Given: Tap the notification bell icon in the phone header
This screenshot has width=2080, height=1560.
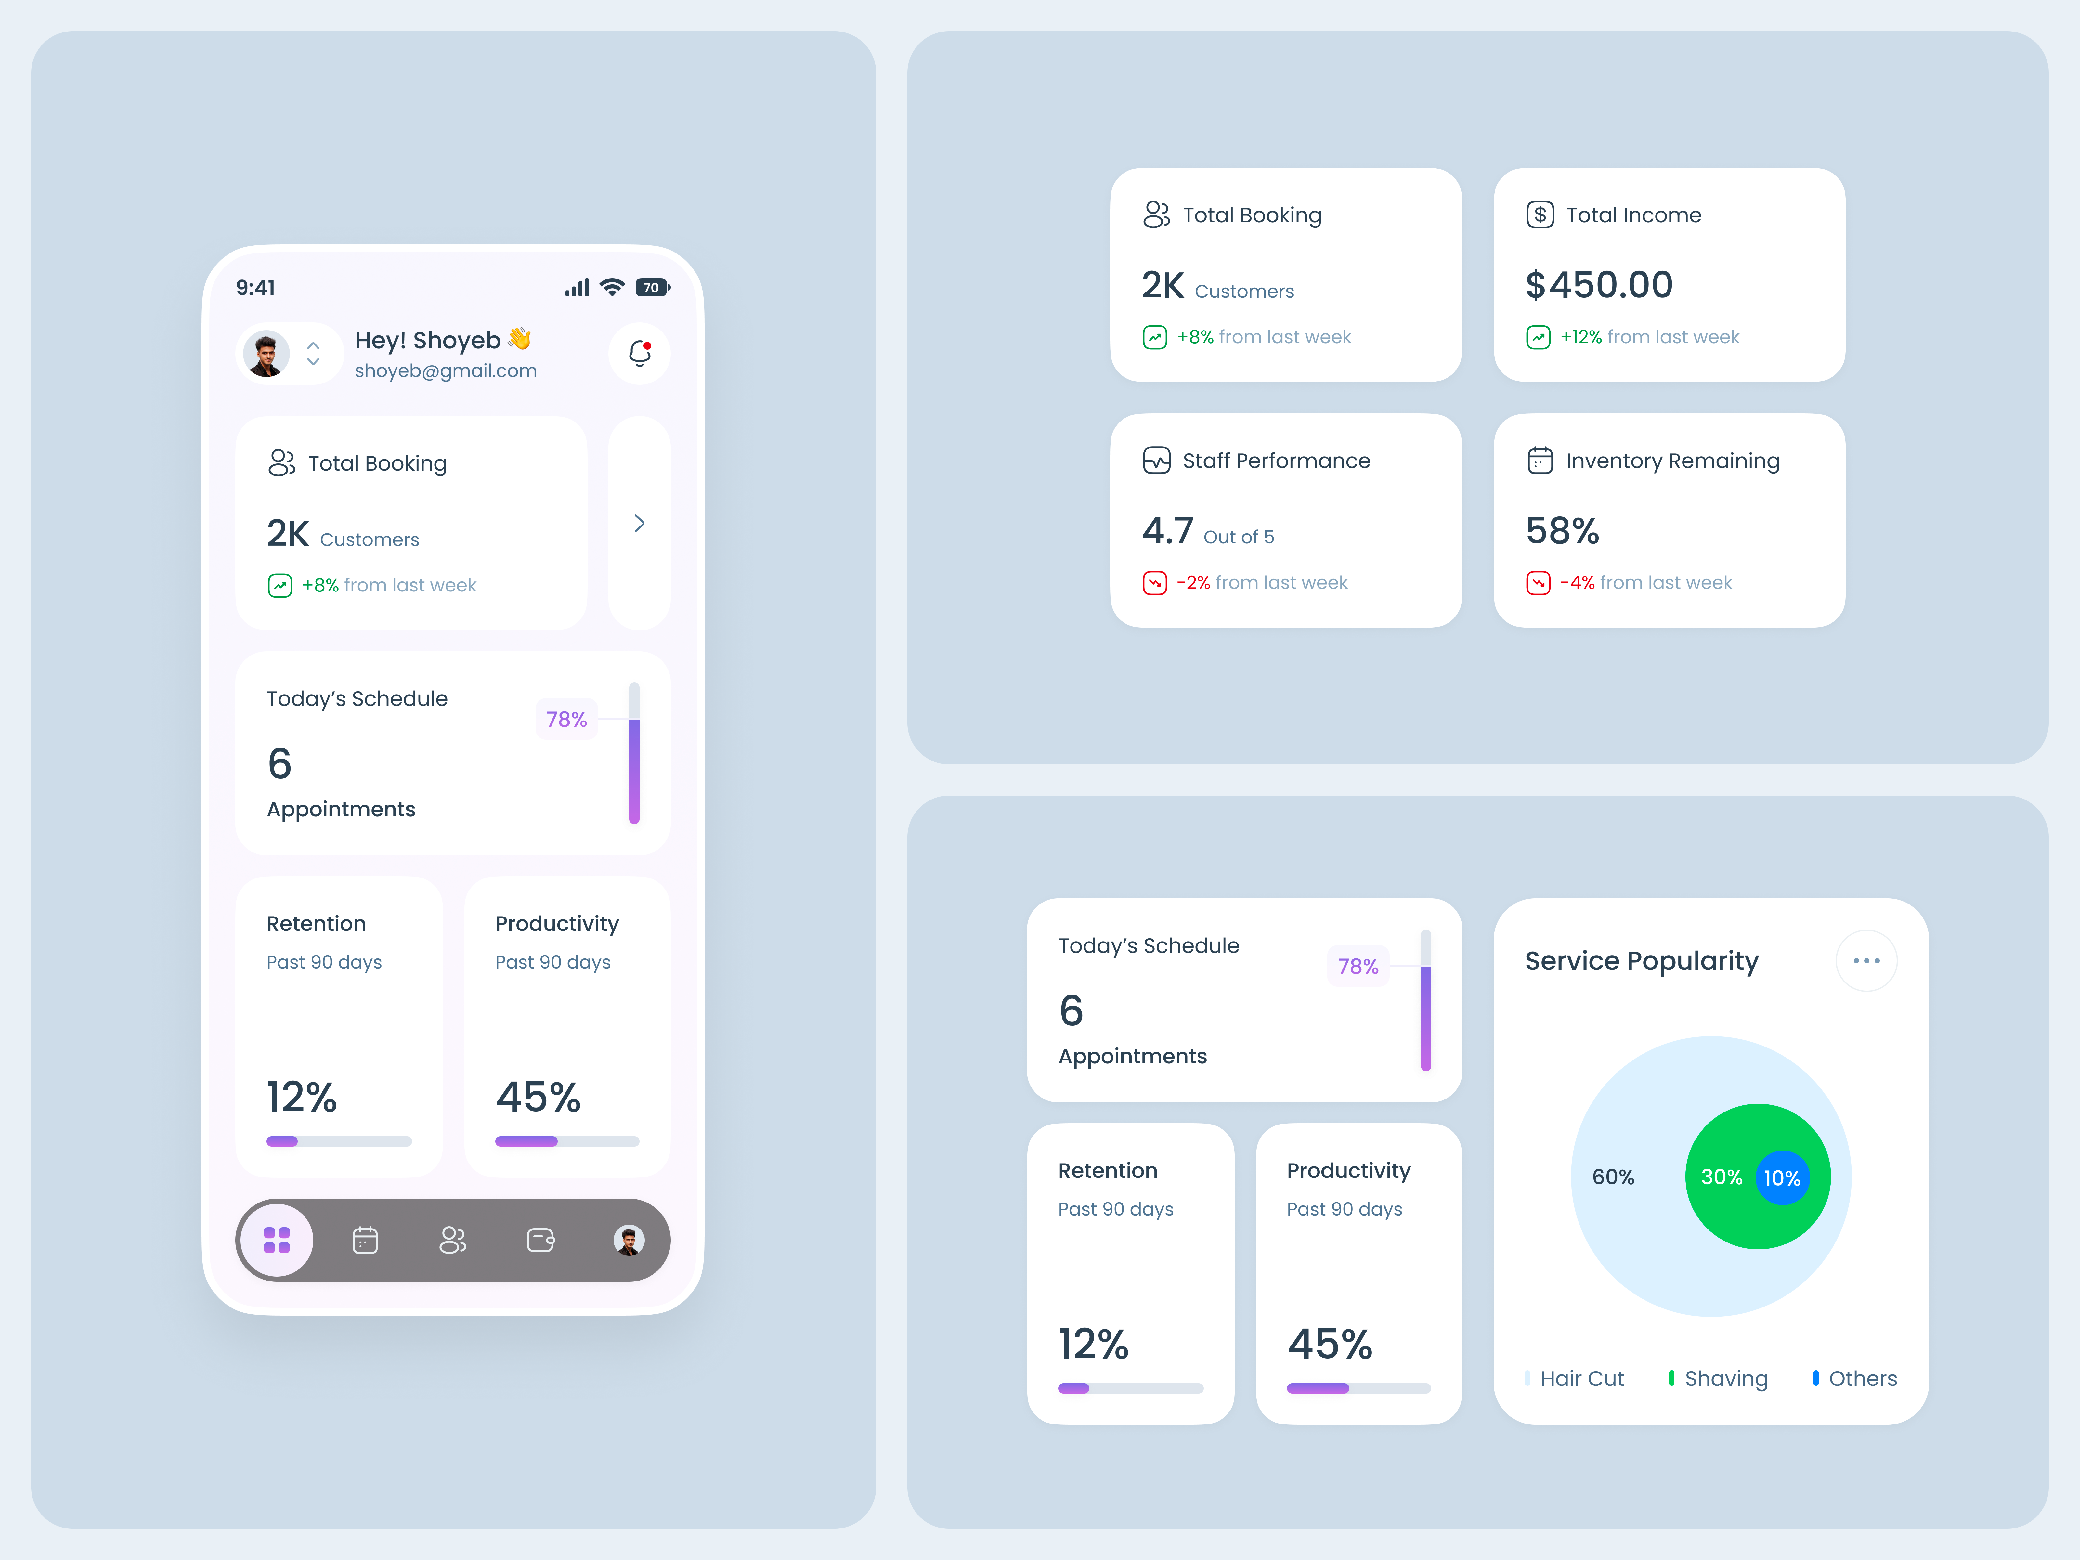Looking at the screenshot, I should coord(639,354).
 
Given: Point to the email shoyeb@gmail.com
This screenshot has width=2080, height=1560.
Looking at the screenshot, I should coord(446,370).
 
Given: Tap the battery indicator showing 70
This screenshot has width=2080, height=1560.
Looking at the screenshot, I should coord(652,288).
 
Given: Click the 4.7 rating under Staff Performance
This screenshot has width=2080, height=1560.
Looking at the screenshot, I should coord(1167,531).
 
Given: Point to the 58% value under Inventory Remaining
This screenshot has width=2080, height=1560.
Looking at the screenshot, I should coord(1562,531).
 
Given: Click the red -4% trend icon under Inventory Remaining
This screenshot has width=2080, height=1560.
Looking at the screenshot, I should coord(1538,583).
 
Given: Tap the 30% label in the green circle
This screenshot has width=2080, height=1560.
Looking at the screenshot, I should coord(1721,1177).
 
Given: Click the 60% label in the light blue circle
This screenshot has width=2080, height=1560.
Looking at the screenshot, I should coord(1613,1177).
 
